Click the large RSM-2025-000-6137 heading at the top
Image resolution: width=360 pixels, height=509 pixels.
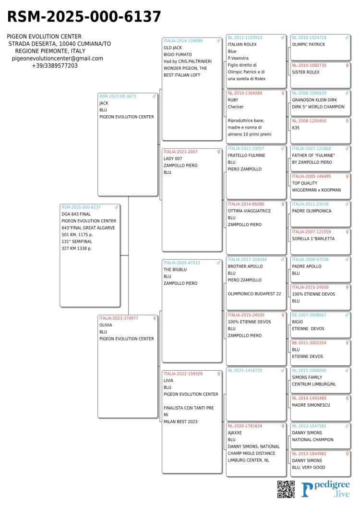[84, 17]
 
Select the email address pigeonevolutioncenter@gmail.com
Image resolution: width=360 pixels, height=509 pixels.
[58, 59]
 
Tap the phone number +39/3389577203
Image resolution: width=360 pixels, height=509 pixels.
[55, 66]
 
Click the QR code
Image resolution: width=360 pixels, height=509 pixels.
[286, 488]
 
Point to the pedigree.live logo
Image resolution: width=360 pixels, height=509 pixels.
[326, 489]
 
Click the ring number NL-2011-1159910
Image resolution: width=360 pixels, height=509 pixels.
[245, 37]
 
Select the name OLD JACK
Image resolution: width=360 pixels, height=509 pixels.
[173, 48]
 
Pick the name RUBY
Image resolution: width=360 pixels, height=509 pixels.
[233, 100]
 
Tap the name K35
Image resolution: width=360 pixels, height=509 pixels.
[296, 128]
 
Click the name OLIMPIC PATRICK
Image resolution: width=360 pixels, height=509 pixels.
[308, 45]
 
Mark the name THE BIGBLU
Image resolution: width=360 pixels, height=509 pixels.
[175, 270]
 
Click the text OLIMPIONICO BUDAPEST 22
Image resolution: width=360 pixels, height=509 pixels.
[254, 293]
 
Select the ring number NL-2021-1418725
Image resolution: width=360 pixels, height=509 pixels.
[245, 370]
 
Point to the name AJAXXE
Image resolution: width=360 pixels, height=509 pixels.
[235, 433]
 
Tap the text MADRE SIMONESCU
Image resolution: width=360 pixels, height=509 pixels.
[311, 405]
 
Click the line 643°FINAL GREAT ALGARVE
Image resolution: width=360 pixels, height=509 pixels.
[88, 228]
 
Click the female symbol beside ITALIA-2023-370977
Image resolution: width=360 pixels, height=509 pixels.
[154, 318]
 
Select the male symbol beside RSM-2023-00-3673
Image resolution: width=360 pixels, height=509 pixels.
[154, 96]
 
